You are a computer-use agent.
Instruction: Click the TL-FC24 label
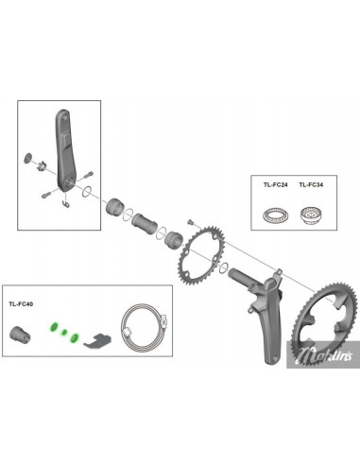coord(276,185)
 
